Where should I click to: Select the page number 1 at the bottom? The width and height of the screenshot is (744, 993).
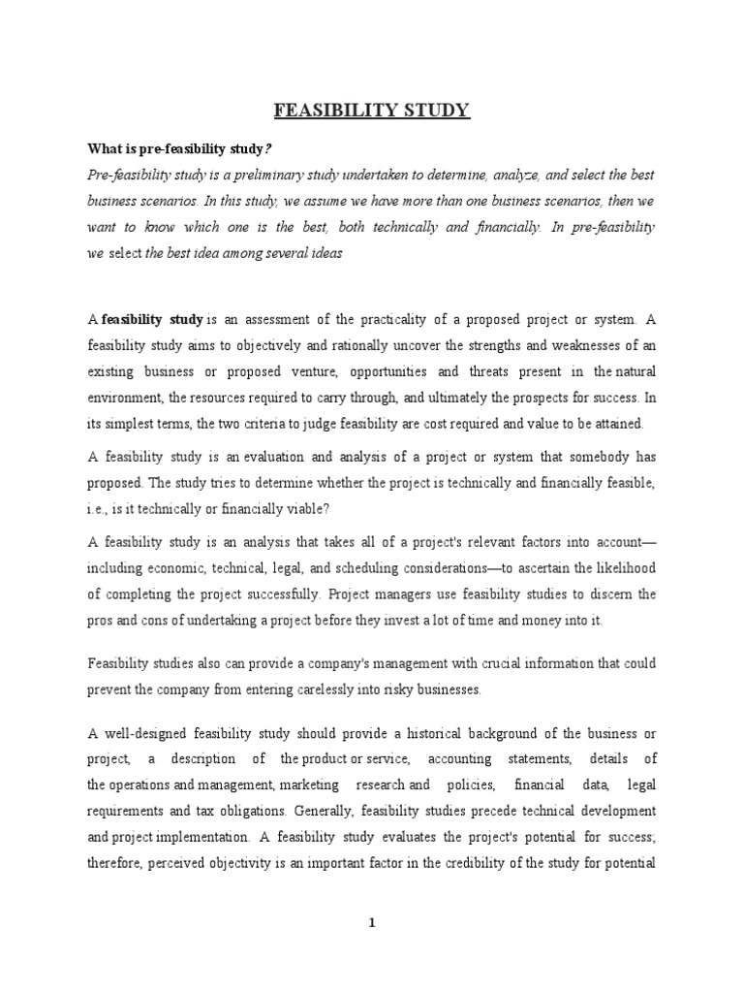372,923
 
